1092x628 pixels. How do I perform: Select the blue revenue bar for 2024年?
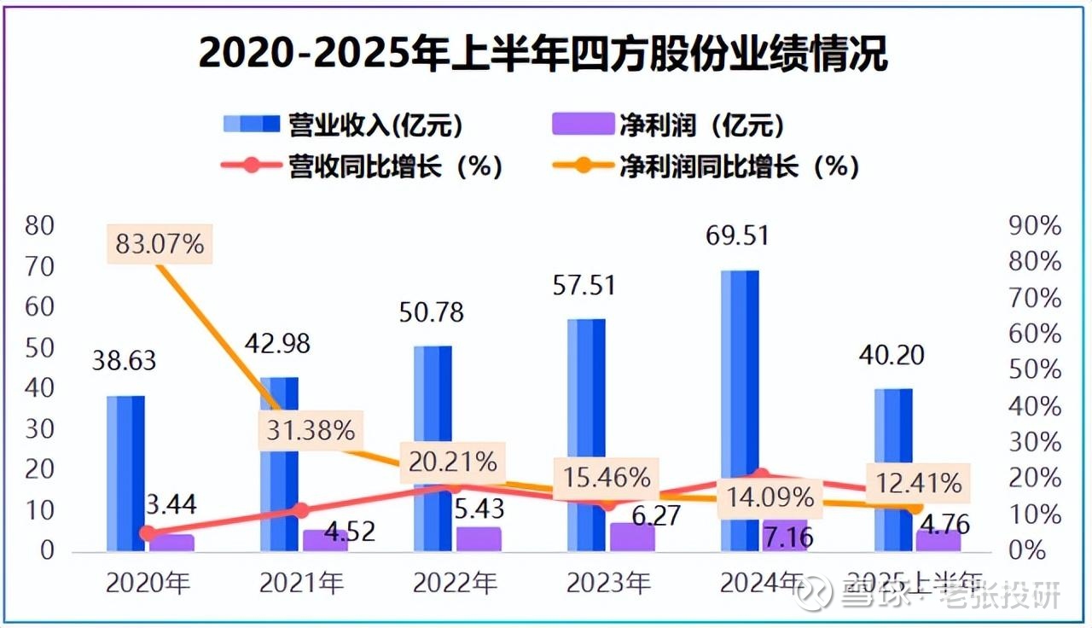tap(739, 384)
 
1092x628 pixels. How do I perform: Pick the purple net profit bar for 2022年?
tap(479, 539)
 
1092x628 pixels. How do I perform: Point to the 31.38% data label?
tap(311, 431)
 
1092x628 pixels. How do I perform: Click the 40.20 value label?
tap(893, 354)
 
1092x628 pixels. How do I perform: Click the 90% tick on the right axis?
tap(1034, 227)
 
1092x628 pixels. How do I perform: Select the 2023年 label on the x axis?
tap(608, 584)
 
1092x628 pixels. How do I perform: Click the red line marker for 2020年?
tap(148, 533)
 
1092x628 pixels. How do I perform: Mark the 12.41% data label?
tap(915, 485)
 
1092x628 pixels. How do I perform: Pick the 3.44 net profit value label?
tap(169, 504)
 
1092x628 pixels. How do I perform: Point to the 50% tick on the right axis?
tap(1034, 370)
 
